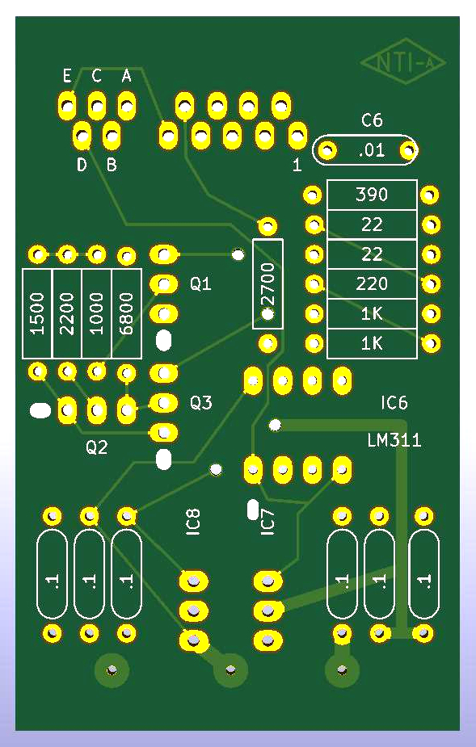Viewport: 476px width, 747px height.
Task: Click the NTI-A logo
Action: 403,62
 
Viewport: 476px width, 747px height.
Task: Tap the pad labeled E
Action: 67,105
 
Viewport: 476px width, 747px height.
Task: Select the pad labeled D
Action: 82,136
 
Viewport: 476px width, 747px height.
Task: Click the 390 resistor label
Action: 372,195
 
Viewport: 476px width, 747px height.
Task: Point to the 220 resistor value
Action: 372,284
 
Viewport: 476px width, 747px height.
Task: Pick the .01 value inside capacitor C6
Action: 371,151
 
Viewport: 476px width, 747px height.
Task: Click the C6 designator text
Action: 372,120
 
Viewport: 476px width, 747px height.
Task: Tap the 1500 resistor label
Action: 37,313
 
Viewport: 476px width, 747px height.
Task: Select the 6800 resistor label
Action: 126,313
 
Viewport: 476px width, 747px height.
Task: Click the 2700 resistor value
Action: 268,285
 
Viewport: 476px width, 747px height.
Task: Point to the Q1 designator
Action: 200,284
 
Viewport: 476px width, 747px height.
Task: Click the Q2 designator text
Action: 97,447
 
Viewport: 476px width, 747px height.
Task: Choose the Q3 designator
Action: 200,403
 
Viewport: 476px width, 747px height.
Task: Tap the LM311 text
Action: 394,440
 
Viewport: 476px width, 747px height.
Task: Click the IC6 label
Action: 394,403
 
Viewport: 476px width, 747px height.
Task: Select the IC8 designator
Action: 193,522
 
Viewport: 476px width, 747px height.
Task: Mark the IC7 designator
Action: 268,522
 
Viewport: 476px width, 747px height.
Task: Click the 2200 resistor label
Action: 67,313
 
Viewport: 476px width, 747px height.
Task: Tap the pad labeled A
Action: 126,105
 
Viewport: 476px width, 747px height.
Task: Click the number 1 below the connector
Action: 297,165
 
